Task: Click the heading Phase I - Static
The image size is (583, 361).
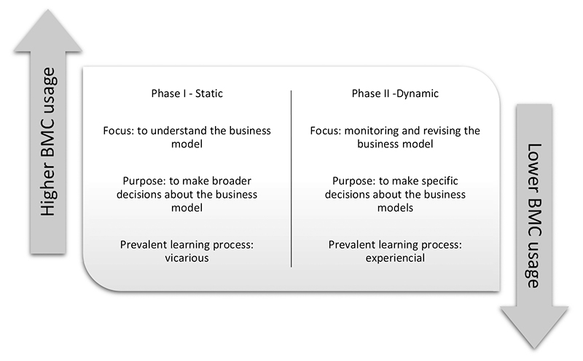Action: point(187,94)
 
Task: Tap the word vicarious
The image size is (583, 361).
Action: point(187,258)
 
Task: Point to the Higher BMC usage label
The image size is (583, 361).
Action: point(49,141)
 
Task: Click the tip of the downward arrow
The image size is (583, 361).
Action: point(534,347)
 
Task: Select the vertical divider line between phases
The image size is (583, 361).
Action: point(291,179)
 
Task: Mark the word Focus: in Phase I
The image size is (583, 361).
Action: point(120,131)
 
